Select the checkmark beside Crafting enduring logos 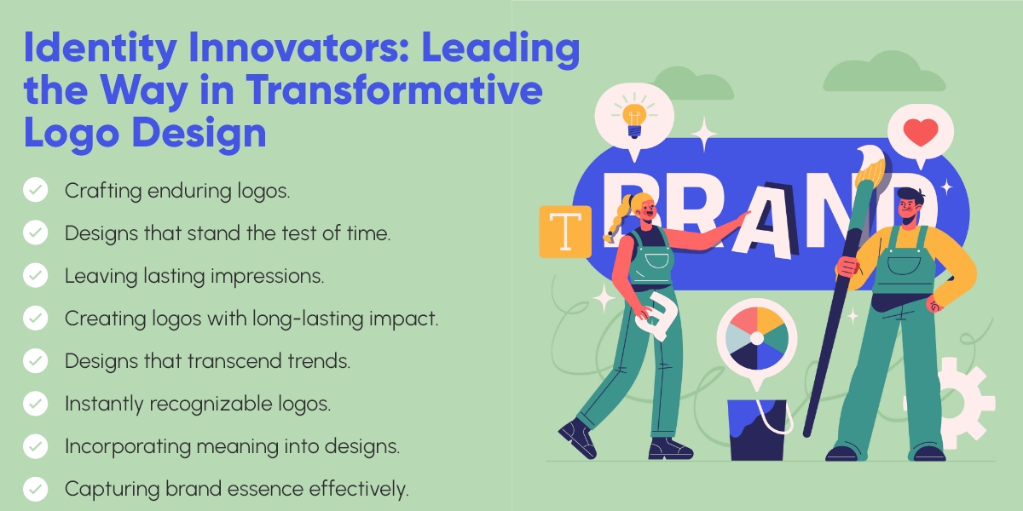[35, 190]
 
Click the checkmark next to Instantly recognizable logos [35, 403]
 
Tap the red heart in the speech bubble [920, 132]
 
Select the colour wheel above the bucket [756, 338]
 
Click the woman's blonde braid [611, 223]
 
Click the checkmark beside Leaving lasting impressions [35, 275]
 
